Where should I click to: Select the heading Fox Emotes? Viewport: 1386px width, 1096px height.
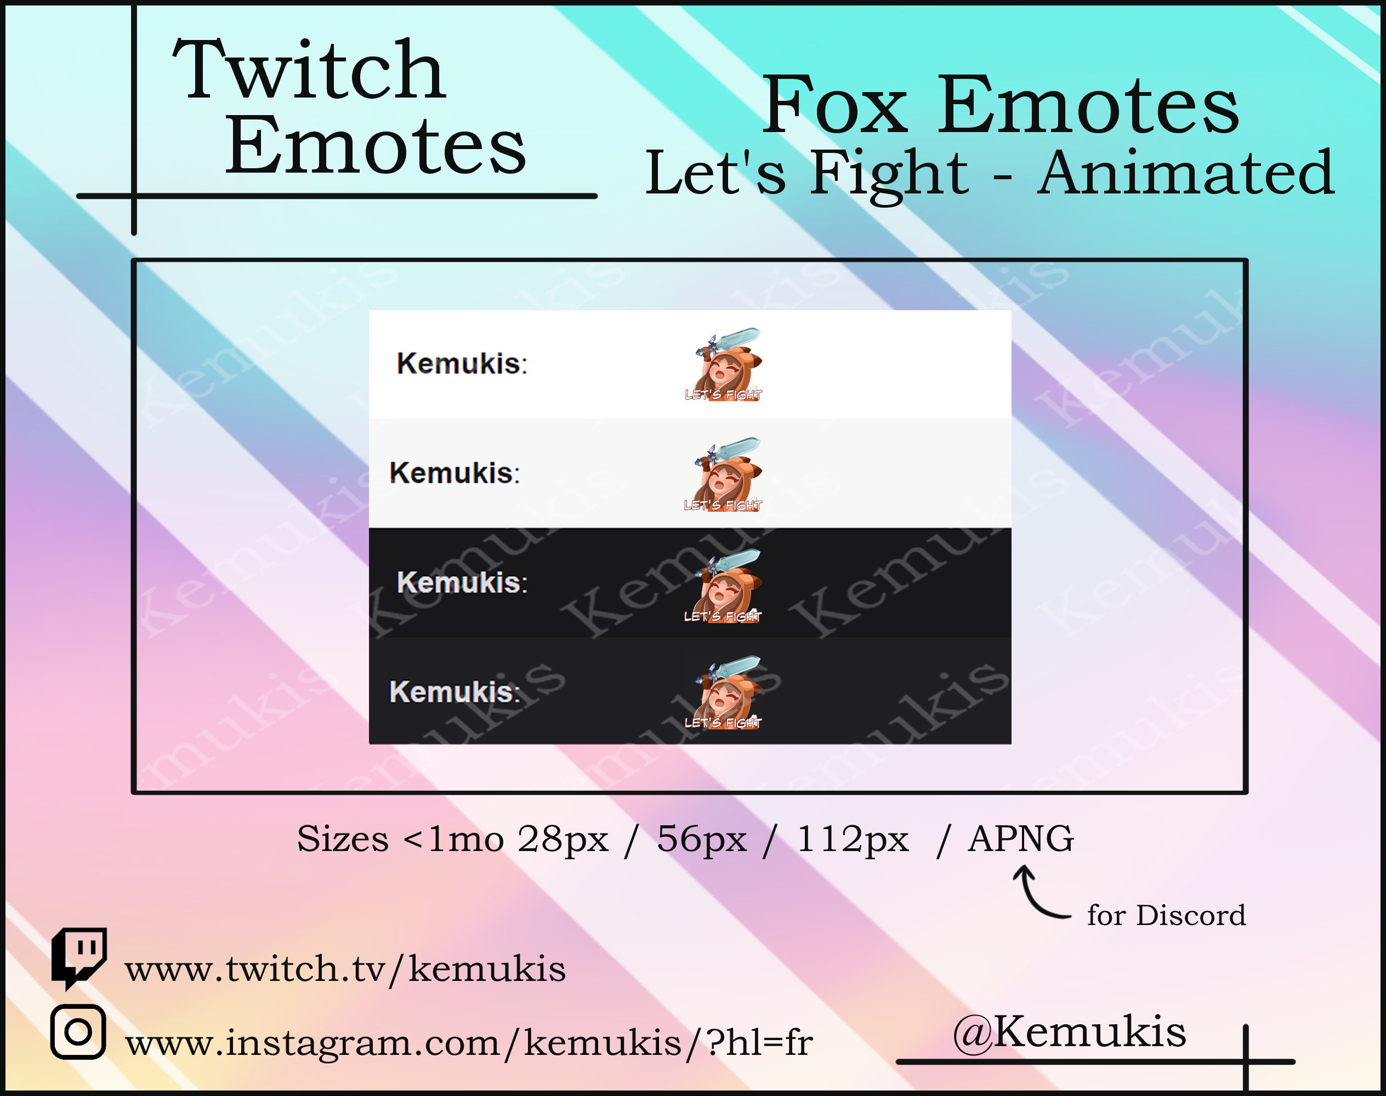coord(999,105)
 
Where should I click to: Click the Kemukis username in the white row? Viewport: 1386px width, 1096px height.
coord(462,364)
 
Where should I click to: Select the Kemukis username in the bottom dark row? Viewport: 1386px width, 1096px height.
coord(454,692)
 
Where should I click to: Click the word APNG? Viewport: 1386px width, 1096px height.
coord(1020,838)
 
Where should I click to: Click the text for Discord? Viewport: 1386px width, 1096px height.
coord(1166,915)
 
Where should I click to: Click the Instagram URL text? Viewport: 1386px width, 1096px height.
coord(469,1043)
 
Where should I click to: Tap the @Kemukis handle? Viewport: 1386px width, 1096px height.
coord(1069,1032)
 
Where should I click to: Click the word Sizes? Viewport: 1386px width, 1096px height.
coord(343,838)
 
